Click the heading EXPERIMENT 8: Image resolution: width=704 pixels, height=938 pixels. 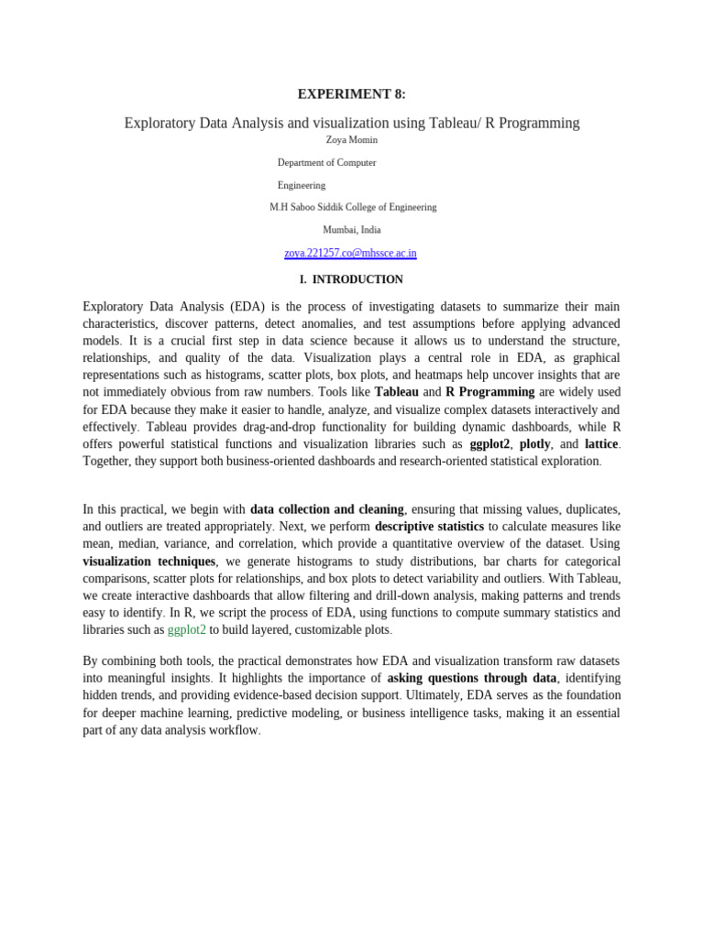351,93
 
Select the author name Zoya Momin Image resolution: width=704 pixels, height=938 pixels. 351,140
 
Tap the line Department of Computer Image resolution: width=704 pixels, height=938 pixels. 326,162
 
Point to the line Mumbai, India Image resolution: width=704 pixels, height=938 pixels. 351,230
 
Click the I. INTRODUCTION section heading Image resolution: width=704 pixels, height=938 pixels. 351,279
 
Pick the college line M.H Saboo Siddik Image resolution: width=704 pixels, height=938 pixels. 353,207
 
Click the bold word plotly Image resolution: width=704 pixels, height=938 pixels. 534,444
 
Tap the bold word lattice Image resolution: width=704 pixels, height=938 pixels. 601,444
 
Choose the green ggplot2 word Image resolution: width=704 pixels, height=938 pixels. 187,630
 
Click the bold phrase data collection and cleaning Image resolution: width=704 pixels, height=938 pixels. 327,509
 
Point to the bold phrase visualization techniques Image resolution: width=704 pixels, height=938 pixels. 149,562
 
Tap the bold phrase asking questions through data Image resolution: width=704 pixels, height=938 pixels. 472,679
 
